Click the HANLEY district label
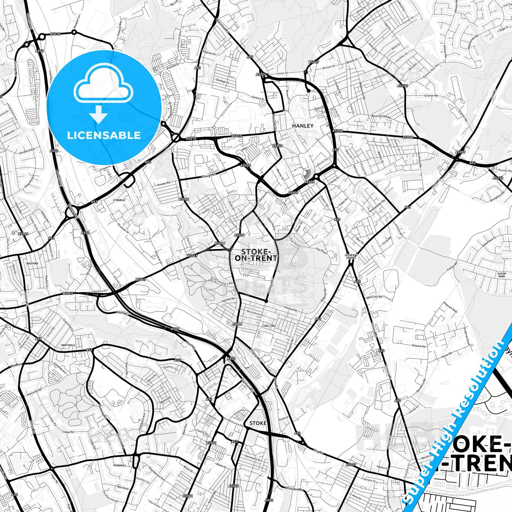(303, 126)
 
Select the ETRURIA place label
(119, 200)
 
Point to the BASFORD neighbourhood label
(32, 264)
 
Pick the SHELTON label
(269, 326)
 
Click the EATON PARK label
(502, 275)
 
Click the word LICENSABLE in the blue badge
(104, 135)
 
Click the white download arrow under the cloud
(99, 114)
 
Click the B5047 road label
(314, 62)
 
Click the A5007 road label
(351, 465)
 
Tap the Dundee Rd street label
(164, 184)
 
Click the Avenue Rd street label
(291, 309)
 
